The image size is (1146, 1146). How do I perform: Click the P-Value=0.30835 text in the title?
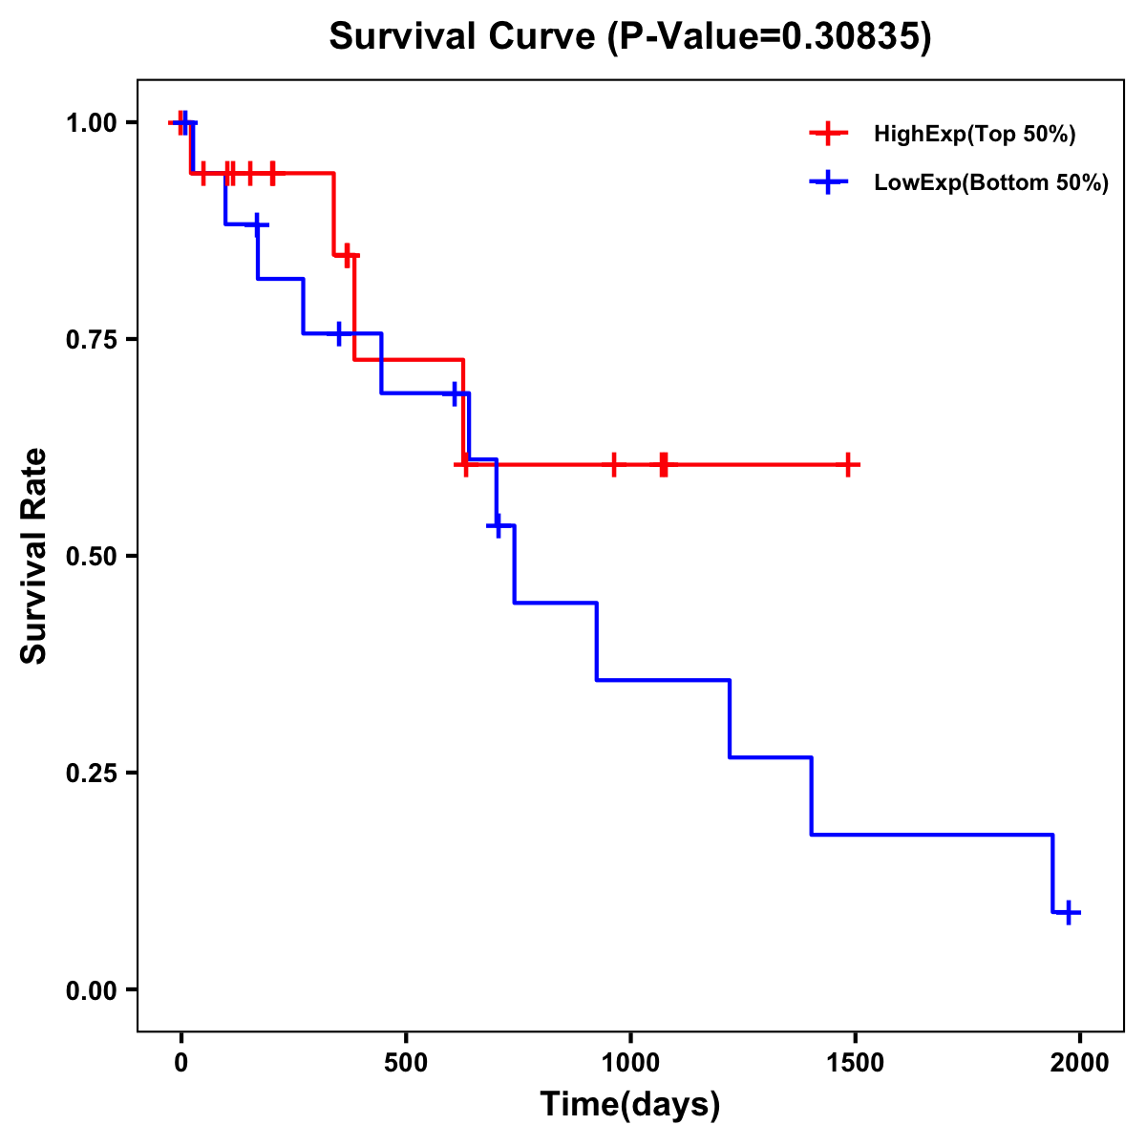[x=771, y=36]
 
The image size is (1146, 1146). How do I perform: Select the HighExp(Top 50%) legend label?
[x=974, y=134]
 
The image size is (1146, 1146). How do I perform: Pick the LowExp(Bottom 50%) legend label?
[x=991, y=182]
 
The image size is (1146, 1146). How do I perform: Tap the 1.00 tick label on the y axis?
[x=91, y=123]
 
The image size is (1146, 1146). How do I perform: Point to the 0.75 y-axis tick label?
[x=91, y=340]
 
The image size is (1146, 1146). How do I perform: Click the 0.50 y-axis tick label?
[x=91, y=557]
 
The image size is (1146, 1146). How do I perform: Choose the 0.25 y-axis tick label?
[x=91, y=774]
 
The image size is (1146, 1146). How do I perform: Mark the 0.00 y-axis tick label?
[x=91, y=990]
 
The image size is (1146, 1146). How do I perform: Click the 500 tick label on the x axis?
[x=406, y=1062]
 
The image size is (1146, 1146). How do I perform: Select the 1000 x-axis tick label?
[x=630, y=1062]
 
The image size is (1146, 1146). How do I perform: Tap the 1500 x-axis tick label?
[x=855, y=1062]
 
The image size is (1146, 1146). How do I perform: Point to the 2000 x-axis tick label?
[x=1080, y=1062]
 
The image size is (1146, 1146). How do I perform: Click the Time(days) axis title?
[x=630, y=1104]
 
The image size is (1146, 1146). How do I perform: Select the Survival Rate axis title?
[x=34, y=556]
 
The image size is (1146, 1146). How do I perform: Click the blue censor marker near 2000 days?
[x=1070, y=912]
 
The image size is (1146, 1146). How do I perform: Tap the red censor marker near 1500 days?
[x=847, y=464]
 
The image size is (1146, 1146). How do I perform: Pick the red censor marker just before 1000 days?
[x=614, y=464]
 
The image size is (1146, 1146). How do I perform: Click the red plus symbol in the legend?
[x=828, y=134]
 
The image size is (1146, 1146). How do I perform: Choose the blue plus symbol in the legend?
[x=828, y=182]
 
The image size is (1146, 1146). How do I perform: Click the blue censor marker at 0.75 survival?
[x=338, y=333]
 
